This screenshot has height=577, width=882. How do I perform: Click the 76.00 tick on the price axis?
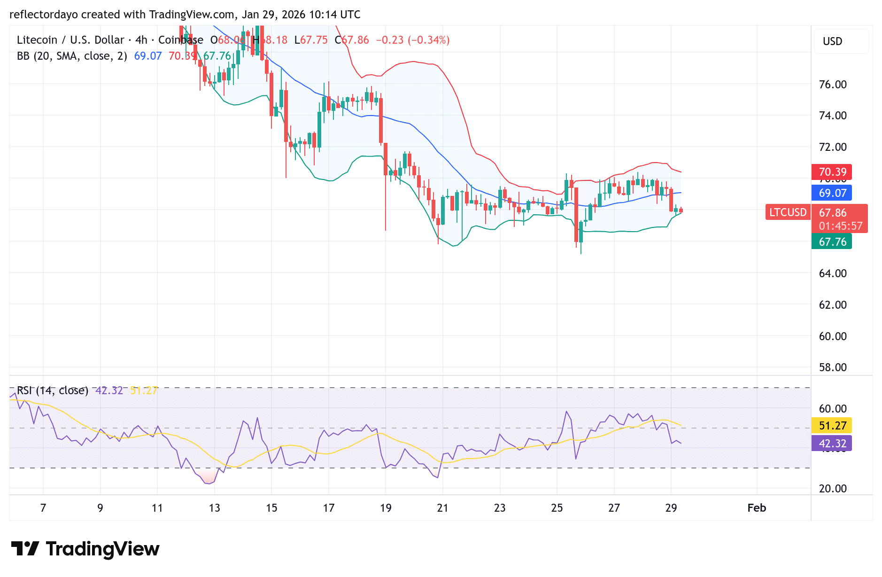tap(832, 85)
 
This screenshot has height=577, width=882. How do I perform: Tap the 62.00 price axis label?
tap(832, 305)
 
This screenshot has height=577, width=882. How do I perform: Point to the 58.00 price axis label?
tap(832, 367)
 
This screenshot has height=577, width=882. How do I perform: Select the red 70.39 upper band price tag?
tap(832, 172)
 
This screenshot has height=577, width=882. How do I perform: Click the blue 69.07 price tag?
tap(832, 193)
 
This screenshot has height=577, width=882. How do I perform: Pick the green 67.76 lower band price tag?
tap(832, 242)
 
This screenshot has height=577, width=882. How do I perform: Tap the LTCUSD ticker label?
tap(788, 212)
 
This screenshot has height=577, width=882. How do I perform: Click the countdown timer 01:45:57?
tap(840, 226)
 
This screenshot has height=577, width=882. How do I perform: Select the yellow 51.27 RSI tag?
tap(832, 426)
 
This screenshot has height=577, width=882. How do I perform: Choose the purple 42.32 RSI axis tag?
tap(832, 443)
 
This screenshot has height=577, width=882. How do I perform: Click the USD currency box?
tap(841, 41)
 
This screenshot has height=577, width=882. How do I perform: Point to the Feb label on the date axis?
tap(757, 508)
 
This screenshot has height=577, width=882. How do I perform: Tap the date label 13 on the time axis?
tap(214, 508)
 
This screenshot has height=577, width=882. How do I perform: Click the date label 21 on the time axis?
tap(442, 508)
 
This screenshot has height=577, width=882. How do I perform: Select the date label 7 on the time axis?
tap(43, 508)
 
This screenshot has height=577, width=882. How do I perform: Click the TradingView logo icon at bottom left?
tap(25, 549)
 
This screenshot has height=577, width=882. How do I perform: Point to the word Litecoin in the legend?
tap(37, 40)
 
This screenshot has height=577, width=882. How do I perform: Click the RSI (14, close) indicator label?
tap(53, 390)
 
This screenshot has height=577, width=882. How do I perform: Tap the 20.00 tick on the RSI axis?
tap(832, 489)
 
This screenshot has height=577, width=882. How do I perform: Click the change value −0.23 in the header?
tap(389, 40)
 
